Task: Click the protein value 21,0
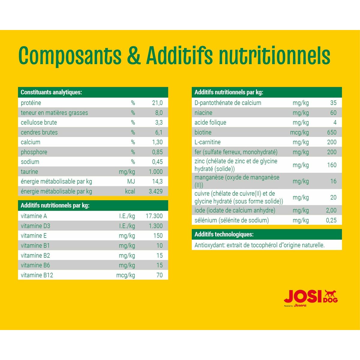tap(157, 103)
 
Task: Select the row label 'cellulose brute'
tap(39, 122)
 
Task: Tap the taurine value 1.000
tap(156, 172)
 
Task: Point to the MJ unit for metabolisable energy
tap(131, 181)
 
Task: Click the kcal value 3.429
tap(156, 191)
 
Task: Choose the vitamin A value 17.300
tap(154, 216)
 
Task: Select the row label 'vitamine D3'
tap(35, 226)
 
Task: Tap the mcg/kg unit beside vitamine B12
tap(126, 275)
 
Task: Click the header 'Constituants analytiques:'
tap(51, 92)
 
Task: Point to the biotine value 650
tap(332, 132)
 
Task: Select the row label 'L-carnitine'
tap(208, 142)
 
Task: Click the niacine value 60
tap(333, 113)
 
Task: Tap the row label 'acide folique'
tap(210, 122)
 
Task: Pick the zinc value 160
tap(332, 165)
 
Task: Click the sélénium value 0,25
tap(331, 220)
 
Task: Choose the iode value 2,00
tap(331, 210)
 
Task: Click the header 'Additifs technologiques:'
tap(224, 234)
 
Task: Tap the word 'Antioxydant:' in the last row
tap(210, 245)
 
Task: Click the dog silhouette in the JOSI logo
tap(330, 294)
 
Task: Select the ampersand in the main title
tap(134, 55)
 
